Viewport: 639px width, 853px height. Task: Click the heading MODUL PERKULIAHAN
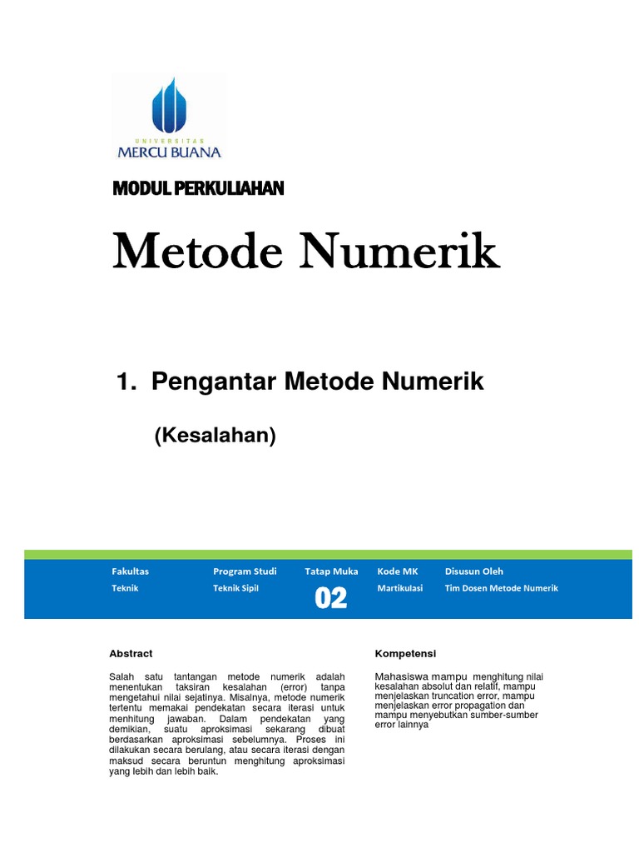pyautogui.click(x=198, y=189)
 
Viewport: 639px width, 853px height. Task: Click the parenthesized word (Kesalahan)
pyautogui.click(x=215, y=435)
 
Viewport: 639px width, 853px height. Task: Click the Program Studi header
pyautogui.click(x=245, y=571)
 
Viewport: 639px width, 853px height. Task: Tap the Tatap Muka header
pyautogui.click(x=331, y=571)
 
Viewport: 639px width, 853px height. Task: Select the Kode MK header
pyautogui.click(x=398, y=571)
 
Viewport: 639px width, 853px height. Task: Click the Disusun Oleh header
pyautogui.click(x=474, y=571)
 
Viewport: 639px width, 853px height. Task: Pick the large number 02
pyautogui.click(x=330, y=598)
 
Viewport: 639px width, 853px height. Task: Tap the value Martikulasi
pyautogui.click(x=400, y=588)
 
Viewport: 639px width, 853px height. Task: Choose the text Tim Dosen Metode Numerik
pyautogui.click(x=502, y=588)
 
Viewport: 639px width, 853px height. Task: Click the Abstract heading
pyautogui.click(x=131, y=654)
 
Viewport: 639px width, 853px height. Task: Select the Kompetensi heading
pyautogui.click(x=406, y=654)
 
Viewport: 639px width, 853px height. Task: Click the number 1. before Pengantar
pyautogui.click(x=126, y=382)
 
